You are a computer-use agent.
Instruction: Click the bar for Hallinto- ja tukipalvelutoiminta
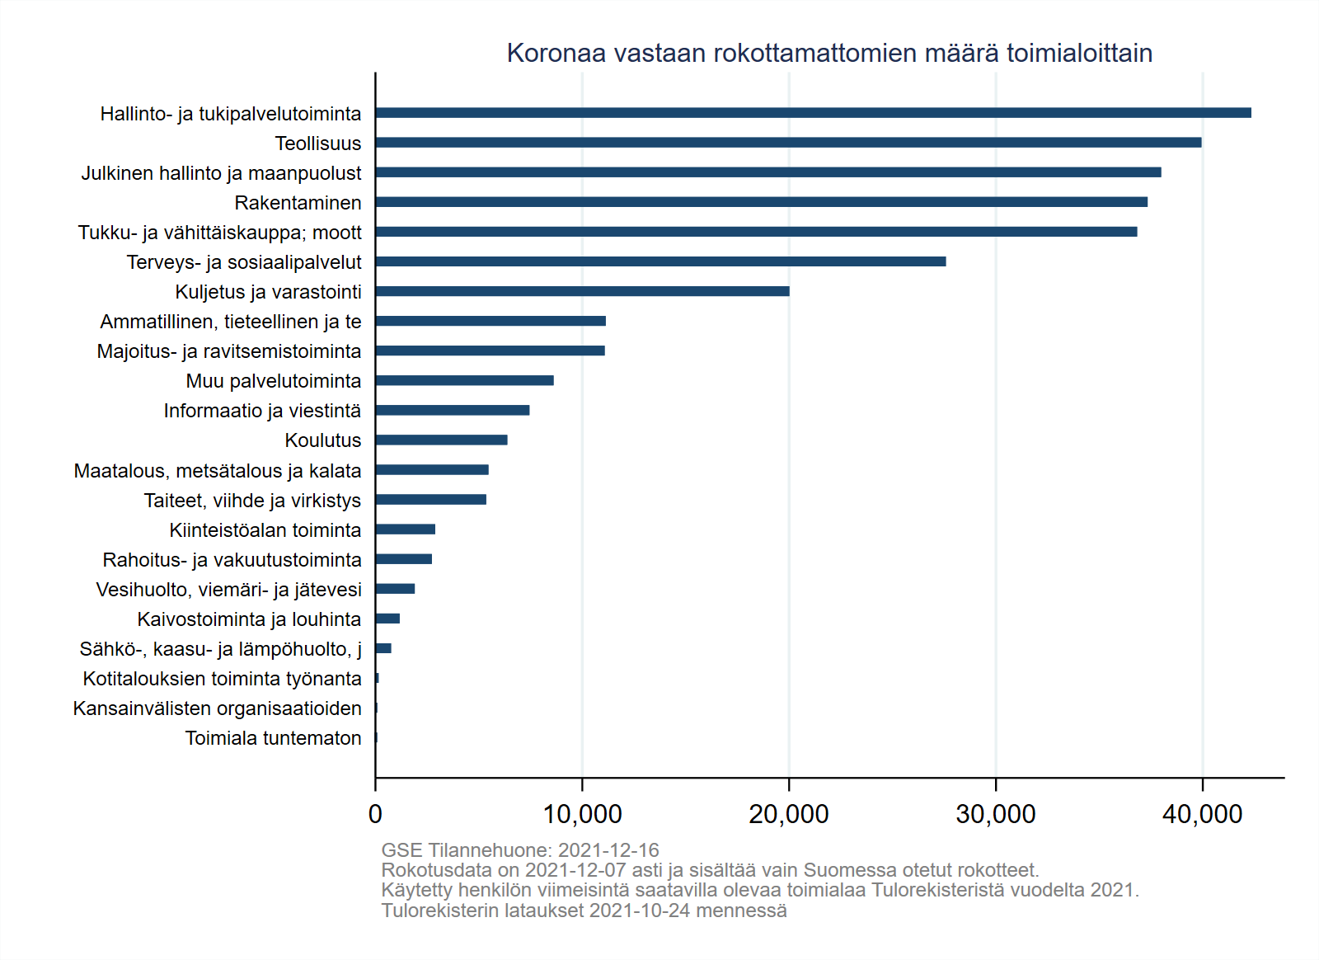(x=813, y=113)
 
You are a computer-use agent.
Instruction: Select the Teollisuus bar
(x=788, y=143)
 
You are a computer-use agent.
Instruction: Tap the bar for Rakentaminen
(x=761, y=202)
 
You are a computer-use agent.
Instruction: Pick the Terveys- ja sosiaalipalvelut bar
(x=660, y=261)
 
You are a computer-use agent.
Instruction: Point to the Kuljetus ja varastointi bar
(x=582, y=291)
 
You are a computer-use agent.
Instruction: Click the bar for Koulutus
(x=441, y=440)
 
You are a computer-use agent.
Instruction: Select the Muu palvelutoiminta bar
(x=464, y=381)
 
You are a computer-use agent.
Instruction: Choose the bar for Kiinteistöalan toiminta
(x=405, y=529)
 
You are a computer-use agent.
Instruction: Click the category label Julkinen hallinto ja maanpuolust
(x=221, y=173)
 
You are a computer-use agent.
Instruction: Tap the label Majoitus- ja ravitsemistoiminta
(x=229, y=351)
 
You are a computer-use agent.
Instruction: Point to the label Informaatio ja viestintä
(x=262, y=411)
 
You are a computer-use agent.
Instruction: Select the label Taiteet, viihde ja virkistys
(x=252, y=501)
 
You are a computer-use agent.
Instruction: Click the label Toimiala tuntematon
(x=273, y=738)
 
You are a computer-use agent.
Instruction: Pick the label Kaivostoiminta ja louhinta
(x=249, y=619)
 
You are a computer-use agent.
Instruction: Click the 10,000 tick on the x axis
(x=582, y=814)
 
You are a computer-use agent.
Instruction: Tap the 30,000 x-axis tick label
(x=996, y=814)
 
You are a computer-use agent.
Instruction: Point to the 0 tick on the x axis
(x=376, y=814)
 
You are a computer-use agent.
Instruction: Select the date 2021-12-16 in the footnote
(x=608, y=850)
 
